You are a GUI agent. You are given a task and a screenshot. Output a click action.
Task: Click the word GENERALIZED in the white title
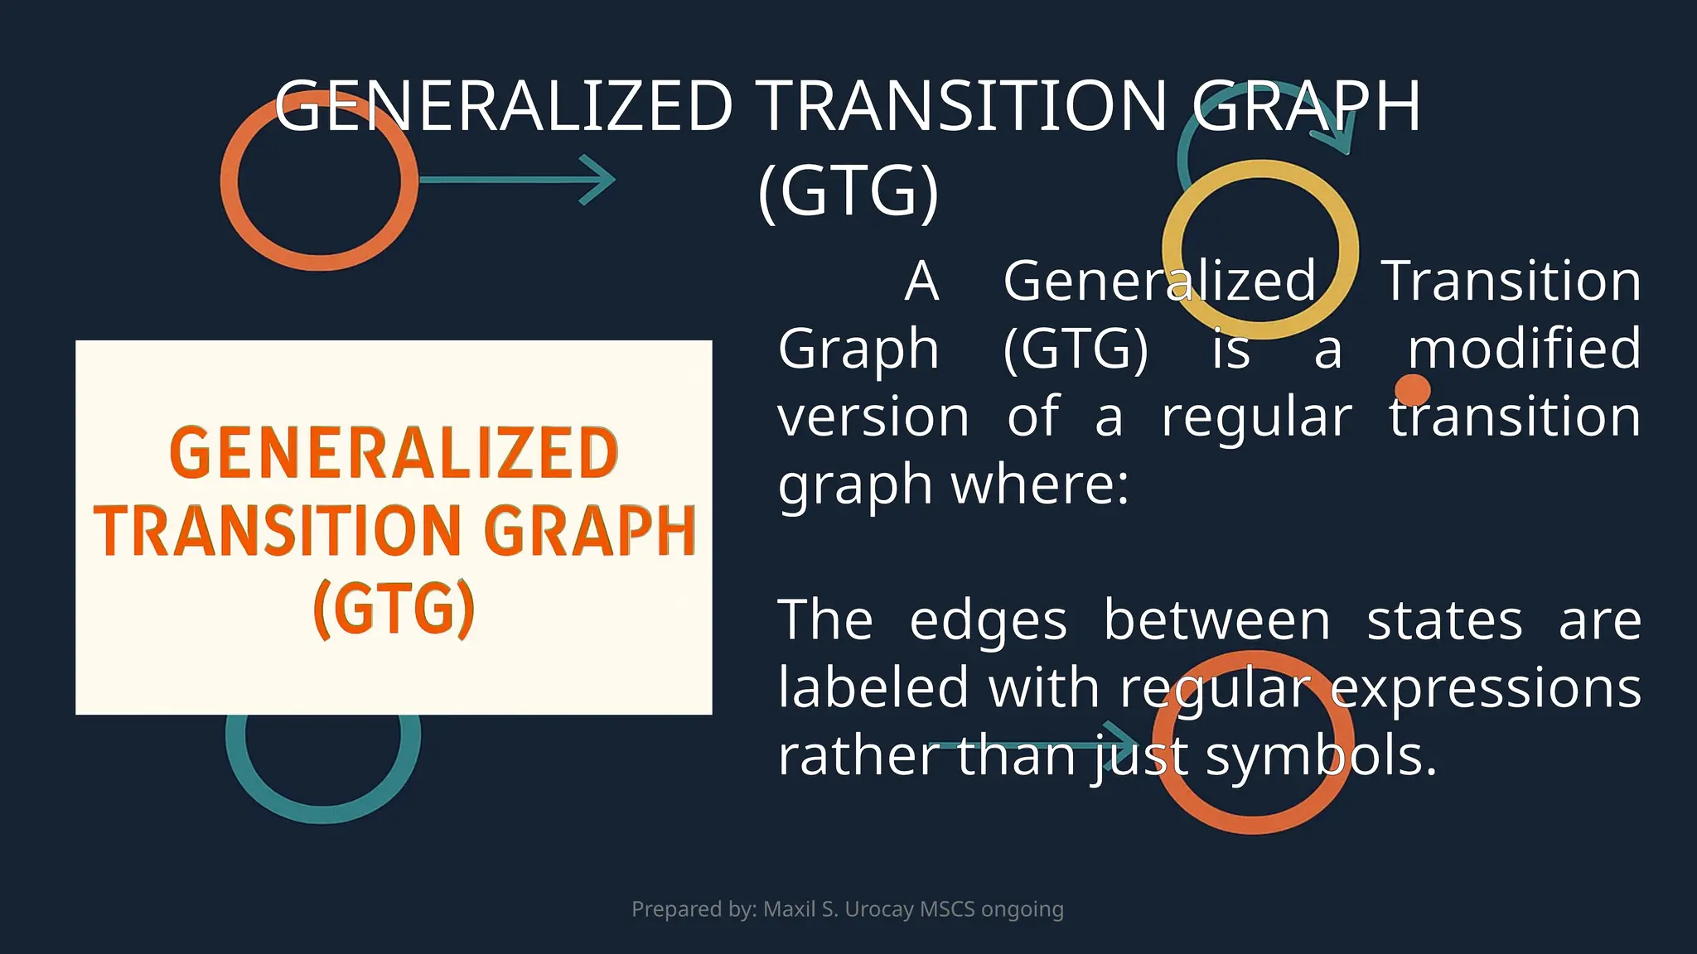coord(504,106)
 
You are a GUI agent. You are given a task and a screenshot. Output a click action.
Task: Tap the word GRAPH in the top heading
coord(1307,106)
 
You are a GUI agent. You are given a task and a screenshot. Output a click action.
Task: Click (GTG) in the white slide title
coord(848,191)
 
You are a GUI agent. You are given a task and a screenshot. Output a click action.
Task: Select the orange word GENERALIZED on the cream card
coord(394,453)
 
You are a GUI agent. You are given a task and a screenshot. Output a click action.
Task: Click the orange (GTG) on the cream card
coord(394,609)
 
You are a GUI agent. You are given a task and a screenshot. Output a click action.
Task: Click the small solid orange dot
coord(1412,389)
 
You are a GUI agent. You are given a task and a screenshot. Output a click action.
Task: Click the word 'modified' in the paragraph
coord(1524,348)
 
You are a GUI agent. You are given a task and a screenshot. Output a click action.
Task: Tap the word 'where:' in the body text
coord(1040,484)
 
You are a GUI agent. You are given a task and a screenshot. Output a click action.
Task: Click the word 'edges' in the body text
coord(988,621)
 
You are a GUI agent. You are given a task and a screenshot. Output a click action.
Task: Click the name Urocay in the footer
coord(879,909)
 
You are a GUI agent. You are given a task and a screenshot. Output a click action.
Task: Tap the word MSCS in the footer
coord(947,909)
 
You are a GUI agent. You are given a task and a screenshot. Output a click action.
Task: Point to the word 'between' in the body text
coord(1216,621)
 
